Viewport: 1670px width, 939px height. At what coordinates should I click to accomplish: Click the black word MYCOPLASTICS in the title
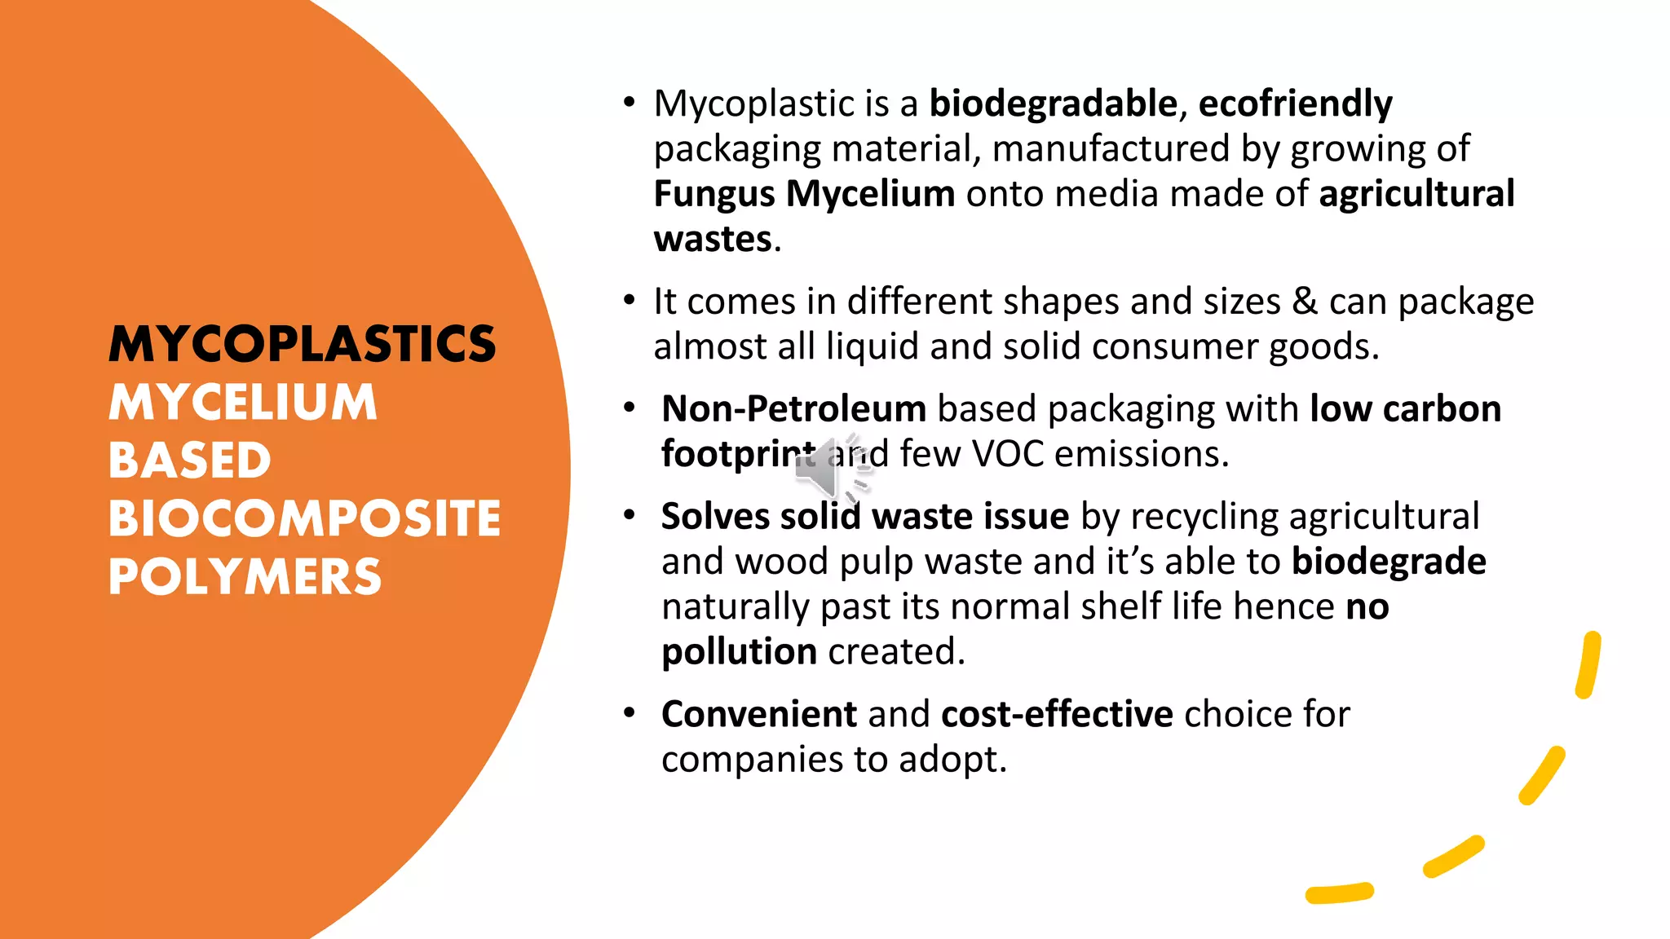coord(303,344)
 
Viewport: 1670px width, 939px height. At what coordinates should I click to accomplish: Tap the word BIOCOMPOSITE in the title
coord(304,518)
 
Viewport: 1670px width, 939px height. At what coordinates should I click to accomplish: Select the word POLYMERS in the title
coord(245,577)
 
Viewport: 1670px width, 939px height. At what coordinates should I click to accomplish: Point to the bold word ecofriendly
coord(1295,104)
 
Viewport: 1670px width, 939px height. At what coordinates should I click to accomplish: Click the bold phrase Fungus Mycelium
coord(804,194)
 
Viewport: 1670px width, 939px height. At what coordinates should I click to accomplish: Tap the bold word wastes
coord(713,239)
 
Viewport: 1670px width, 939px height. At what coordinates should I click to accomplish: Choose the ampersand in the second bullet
coord(1305,302)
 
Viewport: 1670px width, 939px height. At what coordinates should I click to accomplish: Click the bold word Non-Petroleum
coord(793,408)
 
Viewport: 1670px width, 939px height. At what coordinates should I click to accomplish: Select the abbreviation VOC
coord(1008,454)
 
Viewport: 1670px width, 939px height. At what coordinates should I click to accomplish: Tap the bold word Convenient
coord(758,714)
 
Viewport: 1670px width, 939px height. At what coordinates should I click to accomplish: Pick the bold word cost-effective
coord(1057,714)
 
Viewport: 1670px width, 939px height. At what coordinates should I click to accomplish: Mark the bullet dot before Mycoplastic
coord(629,103)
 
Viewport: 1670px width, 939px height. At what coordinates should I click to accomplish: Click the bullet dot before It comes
coord(629,301)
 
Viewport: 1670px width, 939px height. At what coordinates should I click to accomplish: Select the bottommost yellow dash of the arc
coord(1339,893)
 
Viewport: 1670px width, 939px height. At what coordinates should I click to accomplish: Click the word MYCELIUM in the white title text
coord(243,403)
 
